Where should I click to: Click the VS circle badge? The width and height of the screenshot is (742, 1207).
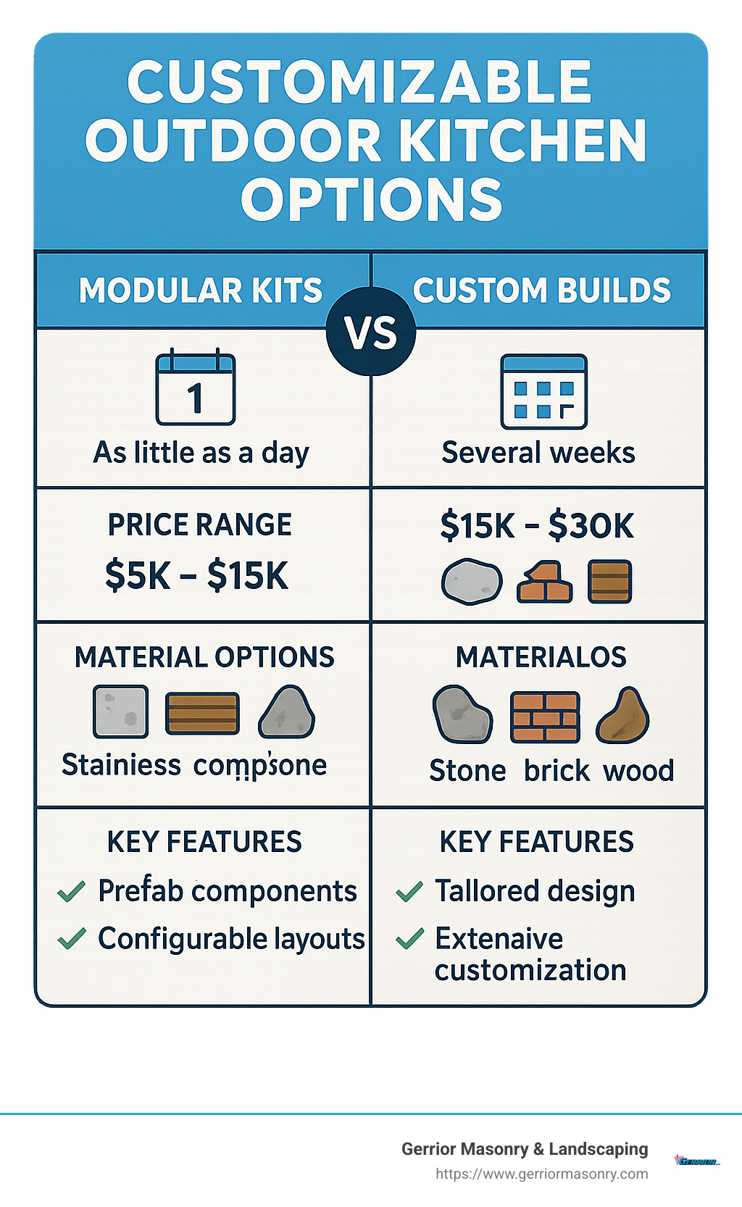pyautogui.click(x=371, y=333)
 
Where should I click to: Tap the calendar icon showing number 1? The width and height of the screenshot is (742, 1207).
pyautogui.click(x=196, y=388)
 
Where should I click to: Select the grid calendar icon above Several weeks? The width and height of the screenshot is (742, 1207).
pyautogui.click(x=543, y=392)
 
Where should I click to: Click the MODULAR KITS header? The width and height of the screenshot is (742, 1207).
pyautogui.click(x=201, y=291)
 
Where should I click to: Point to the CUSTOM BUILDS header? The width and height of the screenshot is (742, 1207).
pyautogui.click(x=542, y=291)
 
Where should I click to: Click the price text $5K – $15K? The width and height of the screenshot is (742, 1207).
pyautogui.click(x=196, y=576)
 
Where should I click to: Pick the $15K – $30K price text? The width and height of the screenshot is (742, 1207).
pyautogui.click(x=537, y=525)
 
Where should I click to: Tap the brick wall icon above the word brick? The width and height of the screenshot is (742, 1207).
pyautogui.click(x=545, y=717)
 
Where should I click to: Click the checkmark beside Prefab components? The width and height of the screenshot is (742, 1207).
pyautogui.click(x=72, y=891)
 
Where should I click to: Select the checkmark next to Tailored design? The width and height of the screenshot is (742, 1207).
pyautogui.click(x=410, y=891)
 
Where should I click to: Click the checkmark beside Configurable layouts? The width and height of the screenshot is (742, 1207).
pyautogui.click(x=72, y=939)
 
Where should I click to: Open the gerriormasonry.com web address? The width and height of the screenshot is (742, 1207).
pyautogui.click(x=542, y=1174)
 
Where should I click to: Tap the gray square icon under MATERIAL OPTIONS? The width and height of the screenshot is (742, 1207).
pyautogui.click(x=121, y=711)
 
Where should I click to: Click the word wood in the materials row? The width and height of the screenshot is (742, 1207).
pyautogui.click(x=638, y=771)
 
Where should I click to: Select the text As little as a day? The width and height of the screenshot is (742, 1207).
pyautogui.click(x=201, y=453)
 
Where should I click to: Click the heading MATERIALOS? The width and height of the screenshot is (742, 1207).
pyautogui.click(x=541, y=657)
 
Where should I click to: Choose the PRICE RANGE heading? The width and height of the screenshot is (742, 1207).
pyautogui.click(x=200, y=525)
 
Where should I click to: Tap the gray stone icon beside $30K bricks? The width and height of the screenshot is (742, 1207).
pyautogui.click(x=472, y=582)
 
